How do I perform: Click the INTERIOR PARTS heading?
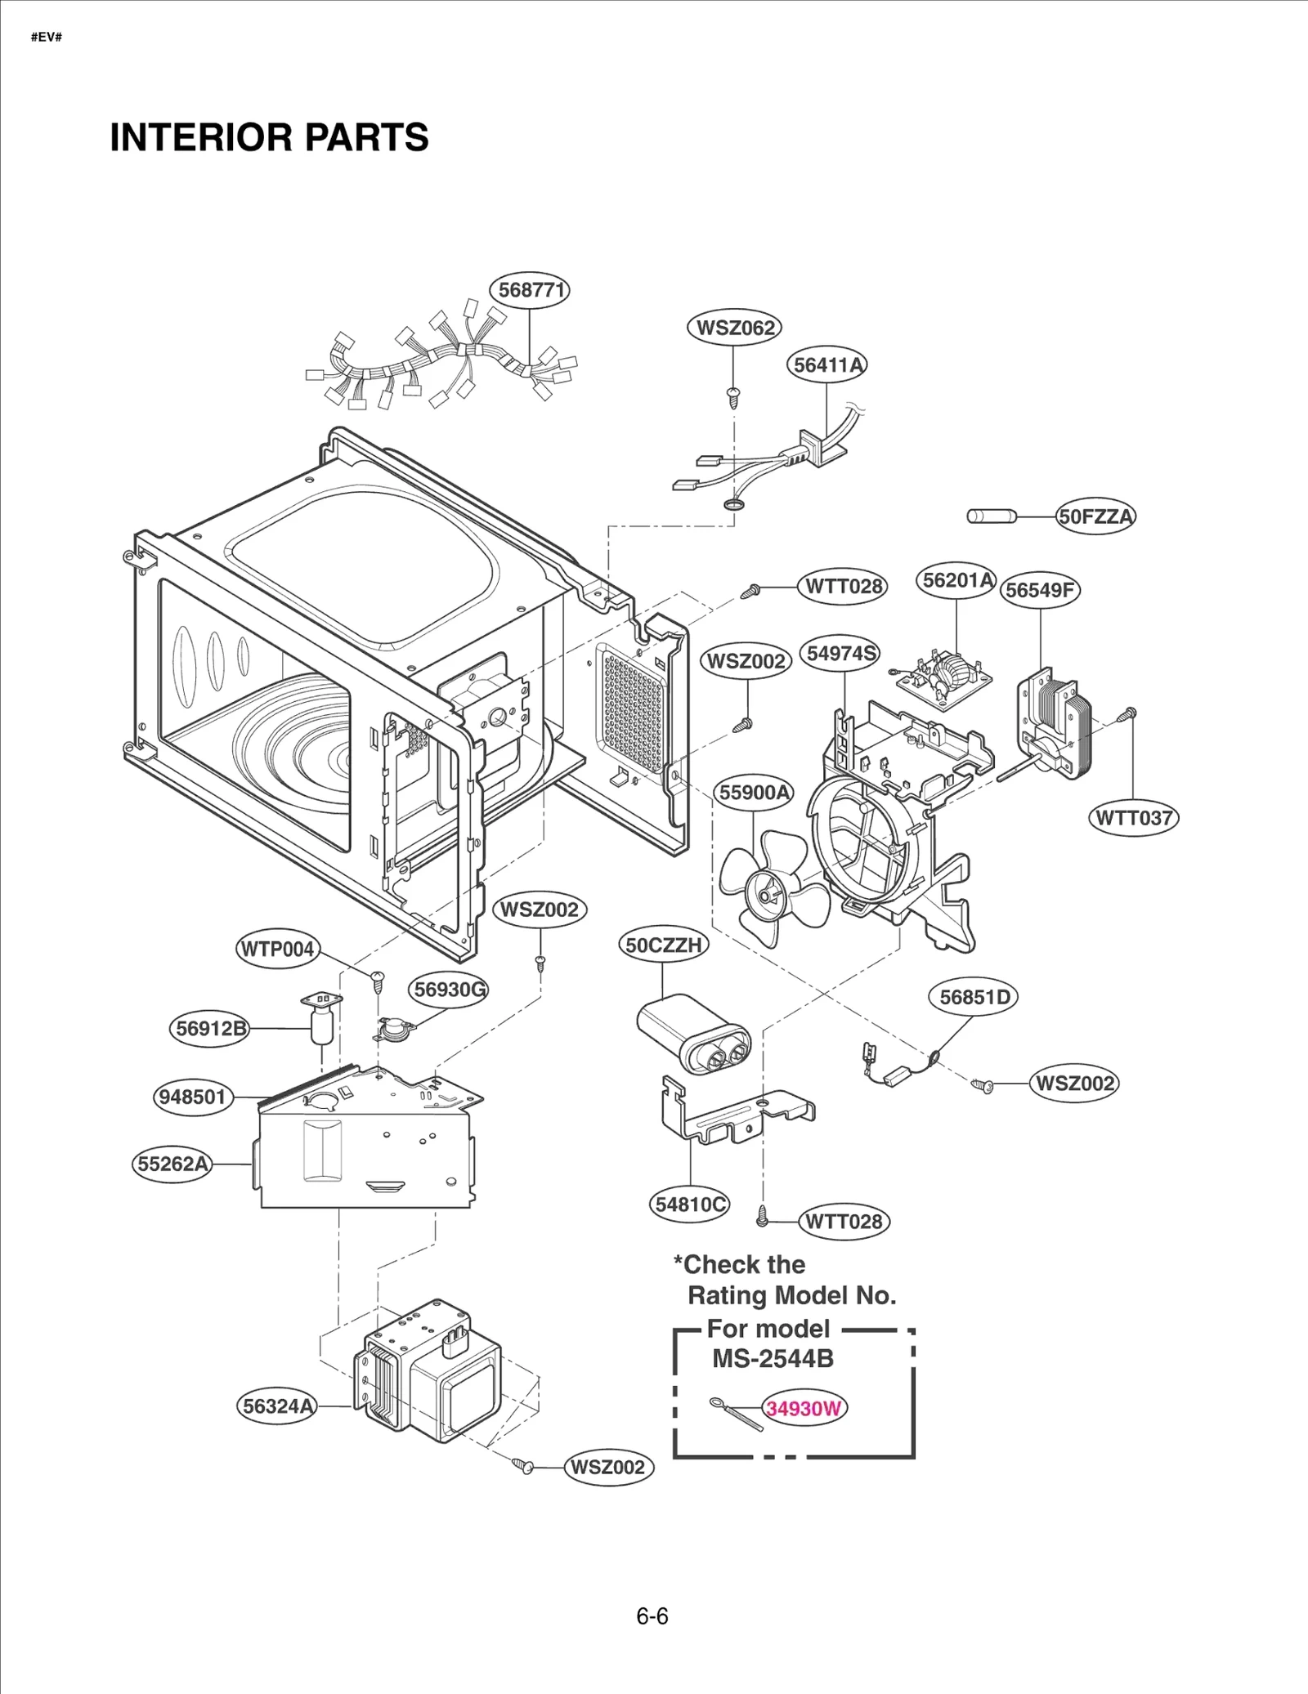point(269,137)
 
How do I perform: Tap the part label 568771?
point(530,290)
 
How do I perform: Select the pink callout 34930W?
point(804,1408)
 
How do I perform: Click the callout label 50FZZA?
point(1095,516)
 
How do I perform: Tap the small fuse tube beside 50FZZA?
point(991,516)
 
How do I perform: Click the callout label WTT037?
point(1133,818)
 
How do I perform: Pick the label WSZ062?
point(734,328)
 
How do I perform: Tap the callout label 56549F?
point(1040,590)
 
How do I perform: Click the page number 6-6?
point(652,1616)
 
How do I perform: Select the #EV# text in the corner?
point(47,38)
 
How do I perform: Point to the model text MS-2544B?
point(773,1359)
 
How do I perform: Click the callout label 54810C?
point(691,1205)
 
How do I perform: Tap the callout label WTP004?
point(277,950)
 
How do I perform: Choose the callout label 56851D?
point(974,997)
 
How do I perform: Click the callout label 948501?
point(192,1097)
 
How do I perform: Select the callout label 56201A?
point(956,580)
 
